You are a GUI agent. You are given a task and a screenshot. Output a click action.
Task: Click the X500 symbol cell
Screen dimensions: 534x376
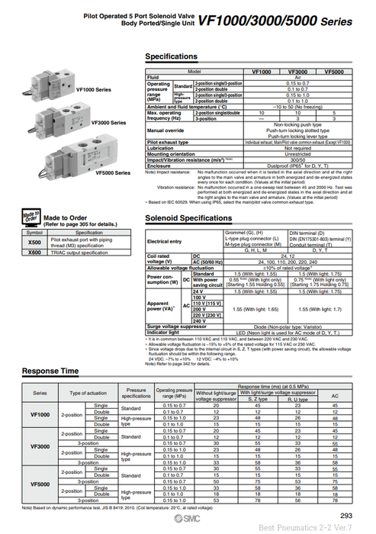coord(34,241)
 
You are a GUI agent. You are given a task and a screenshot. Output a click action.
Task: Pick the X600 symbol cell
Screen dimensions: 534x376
coord(34,251)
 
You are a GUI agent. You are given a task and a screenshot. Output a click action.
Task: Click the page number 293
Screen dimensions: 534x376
coord(345,516)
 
